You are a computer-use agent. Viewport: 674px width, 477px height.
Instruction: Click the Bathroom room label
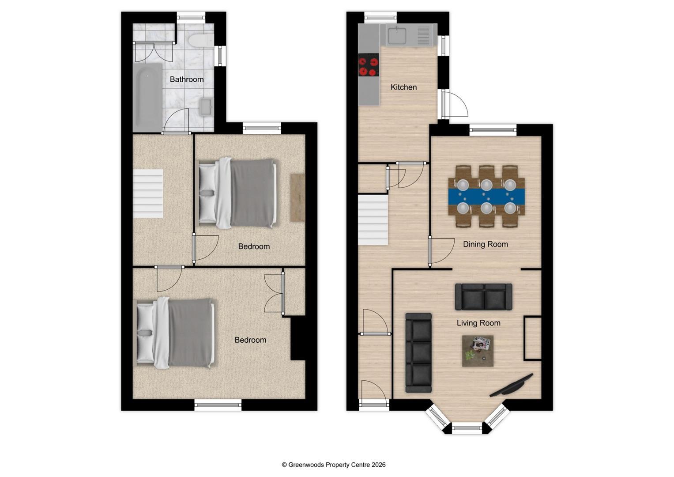(x=187, y=79)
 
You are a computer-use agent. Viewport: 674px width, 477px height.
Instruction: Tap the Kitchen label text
(x=403, y=87)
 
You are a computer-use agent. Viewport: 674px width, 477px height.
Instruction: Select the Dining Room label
(x=485, y=244)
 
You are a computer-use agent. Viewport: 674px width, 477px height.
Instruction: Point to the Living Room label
(x=478, y=323)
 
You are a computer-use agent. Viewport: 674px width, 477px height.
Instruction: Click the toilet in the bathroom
(x=200, y=41)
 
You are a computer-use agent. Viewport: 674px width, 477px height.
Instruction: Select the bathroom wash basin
(x=206, y=106)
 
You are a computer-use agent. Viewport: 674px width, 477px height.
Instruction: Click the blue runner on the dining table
(x=486, y=196)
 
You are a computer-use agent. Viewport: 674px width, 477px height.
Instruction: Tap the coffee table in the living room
(x=478, y=351)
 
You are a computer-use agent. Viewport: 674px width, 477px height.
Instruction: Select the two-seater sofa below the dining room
(x=483, y=297)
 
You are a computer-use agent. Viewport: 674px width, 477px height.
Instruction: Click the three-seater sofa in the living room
(x=418, y=352)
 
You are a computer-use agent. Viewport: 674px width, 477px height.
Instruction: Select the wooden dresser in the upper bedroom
(x=297, y=197)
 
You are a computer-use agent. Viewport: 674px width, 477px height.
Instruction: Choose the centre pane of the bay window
(x=467, y=428)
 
